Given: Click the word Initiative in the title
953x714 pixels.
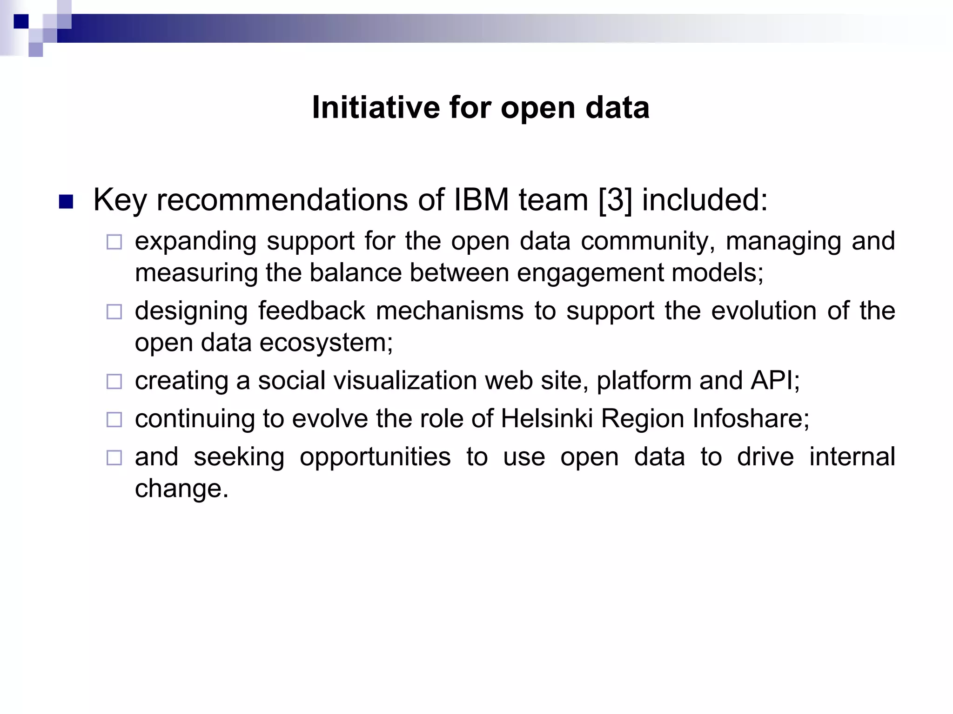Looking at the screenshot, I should [x=376, y=107].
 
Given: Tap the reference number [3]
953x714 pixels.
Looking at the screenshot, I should [x=615, y=200].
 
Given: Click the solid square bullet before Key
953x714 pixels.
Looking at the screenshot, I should [x=67, y=202].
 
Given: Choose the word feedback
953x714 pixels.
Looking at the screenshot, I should [x=311, y=311].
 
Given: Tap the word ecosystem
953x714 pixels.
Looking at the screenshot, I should [x=326, y=343].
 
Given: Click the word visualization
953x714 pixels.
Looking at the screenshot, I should [x=405, y=381].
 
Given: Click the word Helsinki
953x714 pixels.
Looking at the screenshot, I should [x=547, y=419].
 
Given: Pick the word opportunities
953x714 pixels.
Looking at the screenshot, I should [x=375, y=457].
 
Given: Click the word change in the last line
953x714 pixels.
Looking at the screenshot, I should [x=181, y=489].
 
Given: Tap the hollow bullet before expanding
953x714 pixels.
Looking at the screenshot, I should [x=114, y=242].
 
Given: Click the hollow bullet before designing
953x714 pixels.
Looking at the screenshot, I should [x=114, y=311].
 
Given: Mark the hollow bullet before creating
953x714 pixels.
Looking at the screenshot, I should [x=114, y=382].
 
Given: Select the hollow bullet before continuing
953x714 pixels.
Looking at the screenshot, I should [x=114, y=420].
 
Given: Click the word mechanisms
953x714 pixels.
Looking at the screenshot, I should [x=450, y=311].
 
